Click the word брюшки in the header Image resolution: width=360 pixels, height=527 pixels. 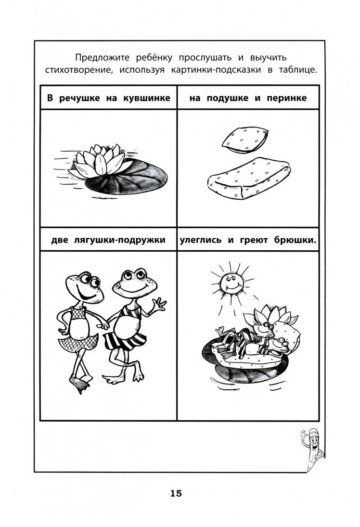point(294,240)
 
